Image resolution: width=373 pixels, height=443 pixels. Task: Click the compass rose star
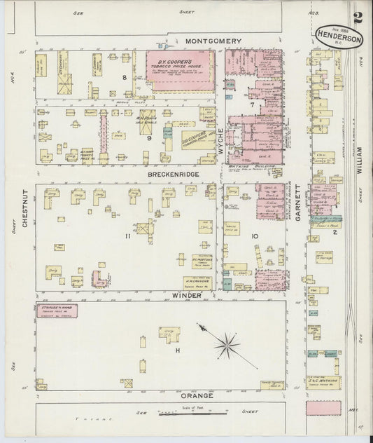coord(225,343)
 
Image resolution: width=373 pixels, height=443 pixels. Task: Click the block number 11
coord(127,236)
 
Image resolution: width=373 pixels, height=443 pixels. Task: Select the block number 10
coord(255,236)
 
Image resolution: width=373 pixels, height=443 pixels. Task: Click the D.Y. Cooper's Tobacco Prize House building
coord(179,70)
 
